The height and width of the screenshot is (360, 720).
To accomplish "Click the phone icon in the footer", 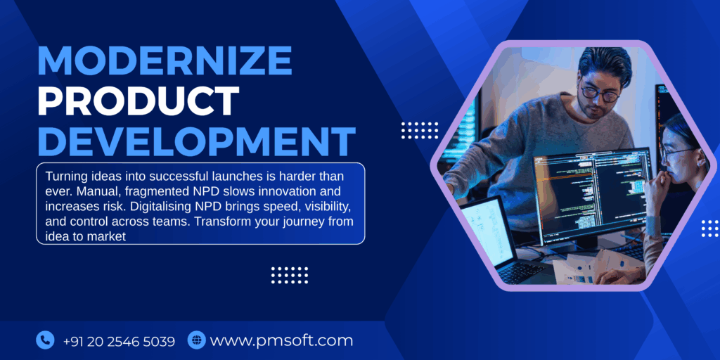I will coord(45,340).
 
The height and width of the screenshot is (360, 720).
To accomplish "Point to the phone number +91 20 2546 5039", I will coord(118,341).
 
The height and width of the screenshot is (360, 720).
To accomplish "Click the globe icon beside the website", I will coord(196,340).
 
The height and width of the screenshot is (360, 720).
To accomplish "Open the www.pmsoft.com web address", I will coord(281,341).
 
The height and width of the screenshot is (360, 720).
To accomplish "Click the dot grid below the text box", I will coord(289,274).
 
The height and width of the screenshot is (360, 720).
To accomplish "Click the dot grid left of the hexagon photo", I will coord(419,130).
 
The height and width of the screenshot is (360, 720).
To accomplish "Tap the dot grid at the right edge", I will coord(709,228).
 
